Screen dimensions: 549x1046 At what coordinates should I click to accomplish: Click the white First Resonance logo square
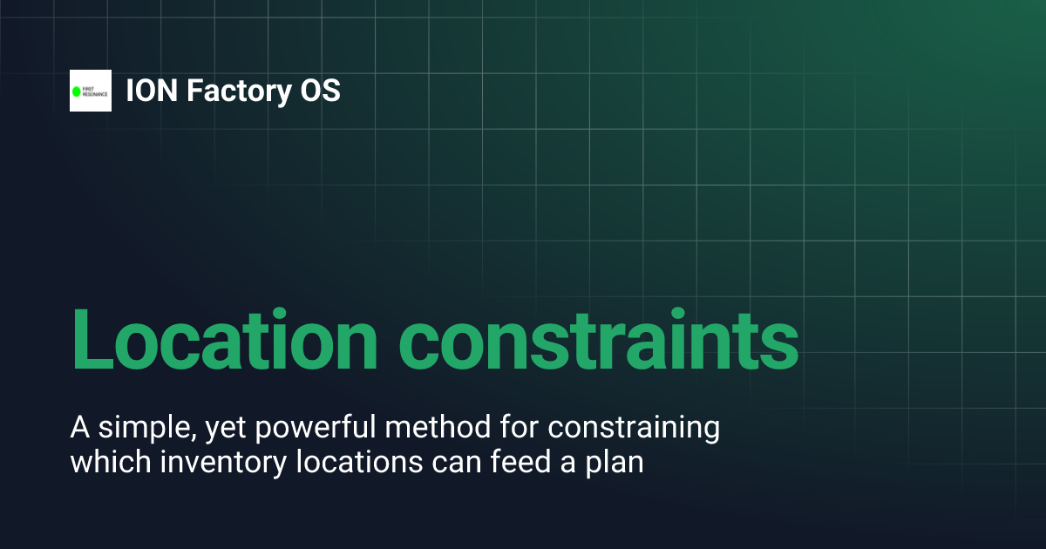pos(91,91)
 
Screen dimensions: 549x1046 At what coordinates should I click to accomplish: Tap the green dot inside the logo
pos(77,91)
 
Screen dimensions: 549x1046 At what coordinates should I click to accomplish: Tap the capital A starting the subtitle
pos(78,429)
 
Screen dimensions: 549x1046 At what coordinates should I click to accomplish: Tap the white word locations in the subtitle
pos(347,462)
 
